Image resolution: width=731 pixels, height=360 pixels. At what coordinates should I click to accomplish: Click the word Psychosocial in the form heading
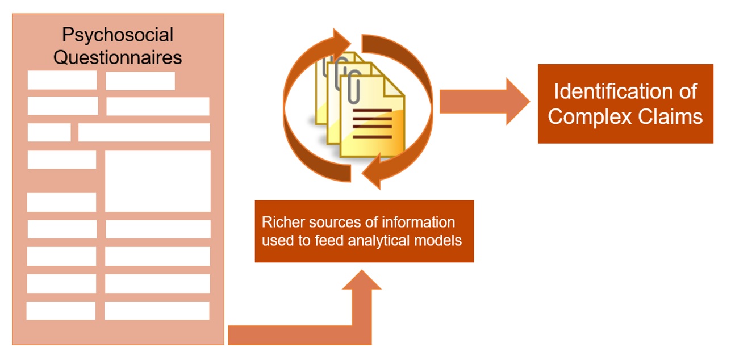[118, 35]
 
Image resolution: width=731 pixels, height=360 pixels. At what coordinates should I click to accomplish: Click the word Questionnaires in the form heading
[118, 57]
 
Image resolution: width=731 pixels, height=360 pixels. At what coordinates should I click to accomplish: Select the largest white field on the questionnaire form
[157, 181]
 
